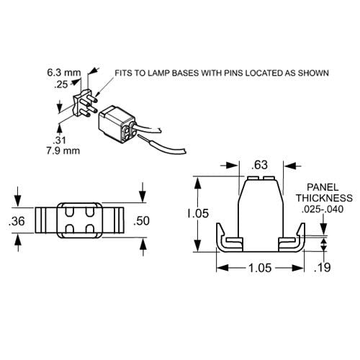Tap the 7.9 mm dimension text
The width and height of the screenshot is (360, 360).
(x=63, y=150)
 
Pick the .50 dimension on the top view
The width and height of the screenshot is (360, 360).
(x=142, y=221)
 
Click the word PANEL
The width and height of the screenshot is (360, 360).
(x=324, y=186)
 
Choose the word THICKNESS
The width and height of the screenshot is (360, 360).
(x=324, y=197)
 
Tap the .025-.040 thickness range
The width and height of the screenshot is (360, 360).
(x=324, y=209)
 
